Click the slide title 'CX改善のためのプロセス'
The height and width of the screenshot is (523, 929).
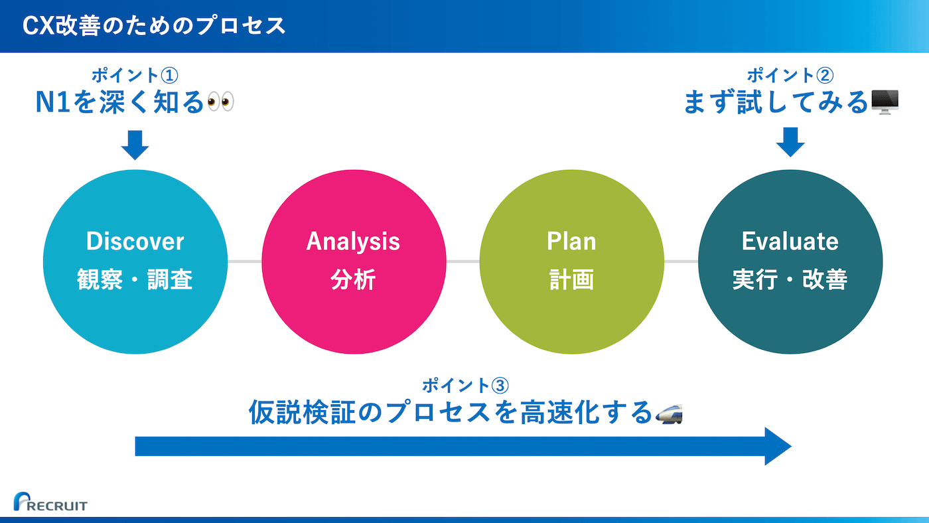point(154,26)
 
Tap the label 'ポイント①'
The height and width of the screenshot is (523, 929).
point(135,76)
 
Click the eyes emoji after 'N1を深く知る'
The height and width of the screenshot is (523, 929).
point(220,102)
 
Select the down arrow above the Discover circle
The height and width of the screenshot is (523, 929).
point(135,145)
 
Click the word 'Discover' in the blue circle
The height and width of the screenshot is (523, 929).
point(135,242)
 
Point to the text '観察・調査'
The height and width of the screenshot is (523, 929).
point(135,279)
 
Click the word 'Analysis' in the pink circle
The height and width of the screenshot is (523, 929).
point(353,242)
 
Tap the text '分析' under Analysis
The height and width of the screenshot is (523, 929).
point(353,279)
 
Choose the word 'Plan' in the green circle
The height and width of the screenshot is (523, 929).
point(571,241)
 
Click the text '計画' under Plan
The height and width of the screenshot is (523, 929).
point(571,279)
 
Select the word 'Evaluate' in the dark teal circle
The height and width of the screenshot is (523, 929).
point(790,242)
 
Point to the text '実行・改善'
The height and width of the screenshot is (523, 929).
point(790,279)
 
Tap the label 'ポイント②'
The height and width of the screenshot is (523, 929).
point(790,76)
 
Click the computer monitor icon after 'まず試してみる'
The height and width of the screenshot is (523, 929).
point(885,102)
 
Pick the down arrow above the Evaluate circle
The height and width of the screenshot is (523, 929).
point(790,142)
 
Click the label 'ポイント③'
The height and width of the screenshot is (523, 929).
point(465,386)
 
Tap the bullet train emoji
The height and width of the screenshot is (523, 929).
point(669,414)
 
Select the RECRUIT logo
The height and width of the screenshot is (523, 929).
point(50,502)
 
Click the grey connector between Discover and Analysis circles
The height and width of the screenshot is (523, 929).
point(244,261)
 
